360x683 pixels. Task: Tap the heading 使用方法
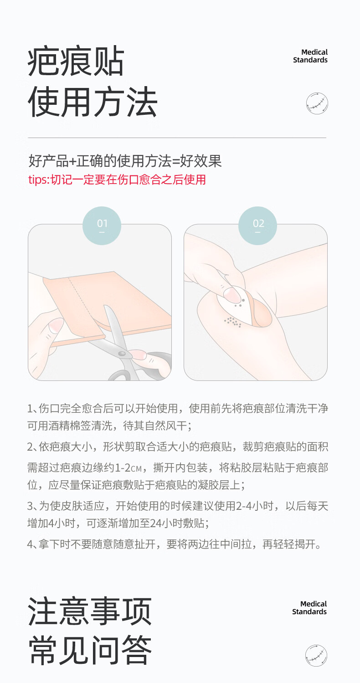93,101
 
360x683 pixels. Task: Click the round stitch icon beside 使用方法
317,103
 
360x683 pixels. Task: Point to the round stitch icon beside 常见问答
316,655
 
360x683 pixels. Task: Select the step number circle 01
102,226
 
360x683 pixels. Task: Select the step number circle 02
257,226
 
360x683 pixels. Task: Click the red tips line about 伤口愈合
117,180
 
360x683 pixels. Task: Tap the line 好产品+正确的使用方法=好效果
125,161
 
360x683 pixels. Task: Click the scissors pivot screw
122,354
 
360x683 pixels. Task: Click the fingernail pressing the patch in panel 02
231,295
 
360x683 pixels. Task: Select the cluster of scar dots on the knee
233,322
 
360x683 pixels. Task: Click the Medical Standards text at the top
310,56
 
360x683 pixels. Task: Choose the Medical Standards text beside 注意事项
309,608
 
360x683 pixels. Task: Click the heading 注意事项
90,611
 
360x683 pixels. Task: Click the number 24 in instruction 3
155,523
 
